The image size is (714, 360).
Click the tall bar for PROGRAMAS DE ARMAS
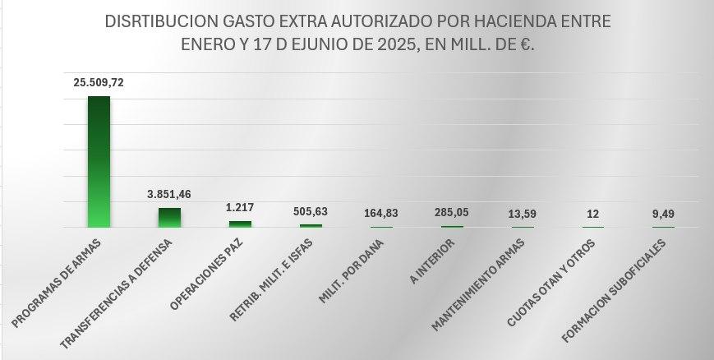[99, 161]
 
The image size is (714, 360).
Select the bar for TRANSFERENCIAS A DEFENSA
[169, 217]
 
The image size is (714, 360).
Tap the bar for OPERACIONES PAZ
[240, 224]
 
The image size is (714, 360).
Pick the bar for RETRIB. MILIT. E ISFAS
[311, 225]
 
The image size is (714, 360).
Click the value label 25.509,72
[99, 83]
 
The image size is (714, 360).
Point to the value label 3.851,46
[169, 195]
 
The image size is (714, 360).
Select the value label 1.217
[240, 209]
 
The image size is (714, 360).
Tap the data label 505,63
[311, 211]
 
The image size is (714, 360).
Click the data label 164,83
[381, 214]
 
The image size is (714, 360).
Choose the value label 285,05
[452, 213]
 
